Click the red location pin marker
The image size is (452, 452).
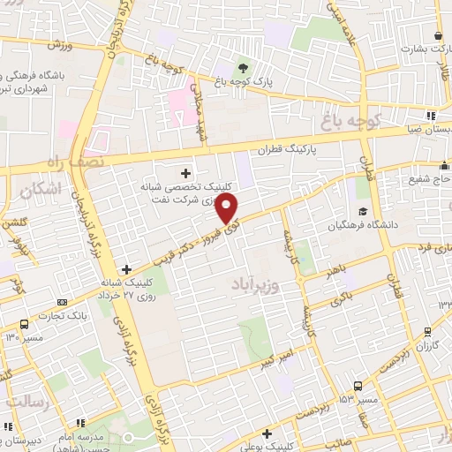(227, 209)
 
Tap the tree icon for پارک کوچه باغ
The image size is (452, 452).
(244, 67)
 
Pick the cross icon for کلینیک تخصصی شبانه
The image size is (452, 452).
(185, 172)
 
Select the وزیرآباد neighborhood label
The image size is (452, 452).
(257, 284)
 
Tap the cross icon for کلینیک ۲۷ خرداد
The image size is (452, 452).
(127, 269)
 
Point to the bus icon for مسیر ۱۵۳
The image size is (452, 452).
(357, 386)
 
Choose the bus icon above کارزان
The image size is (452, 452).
(427, 333)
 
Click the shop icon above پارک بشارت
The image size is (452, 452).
(438, 35)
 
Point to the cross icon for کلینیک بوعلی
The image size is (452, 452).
(267, 433)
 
